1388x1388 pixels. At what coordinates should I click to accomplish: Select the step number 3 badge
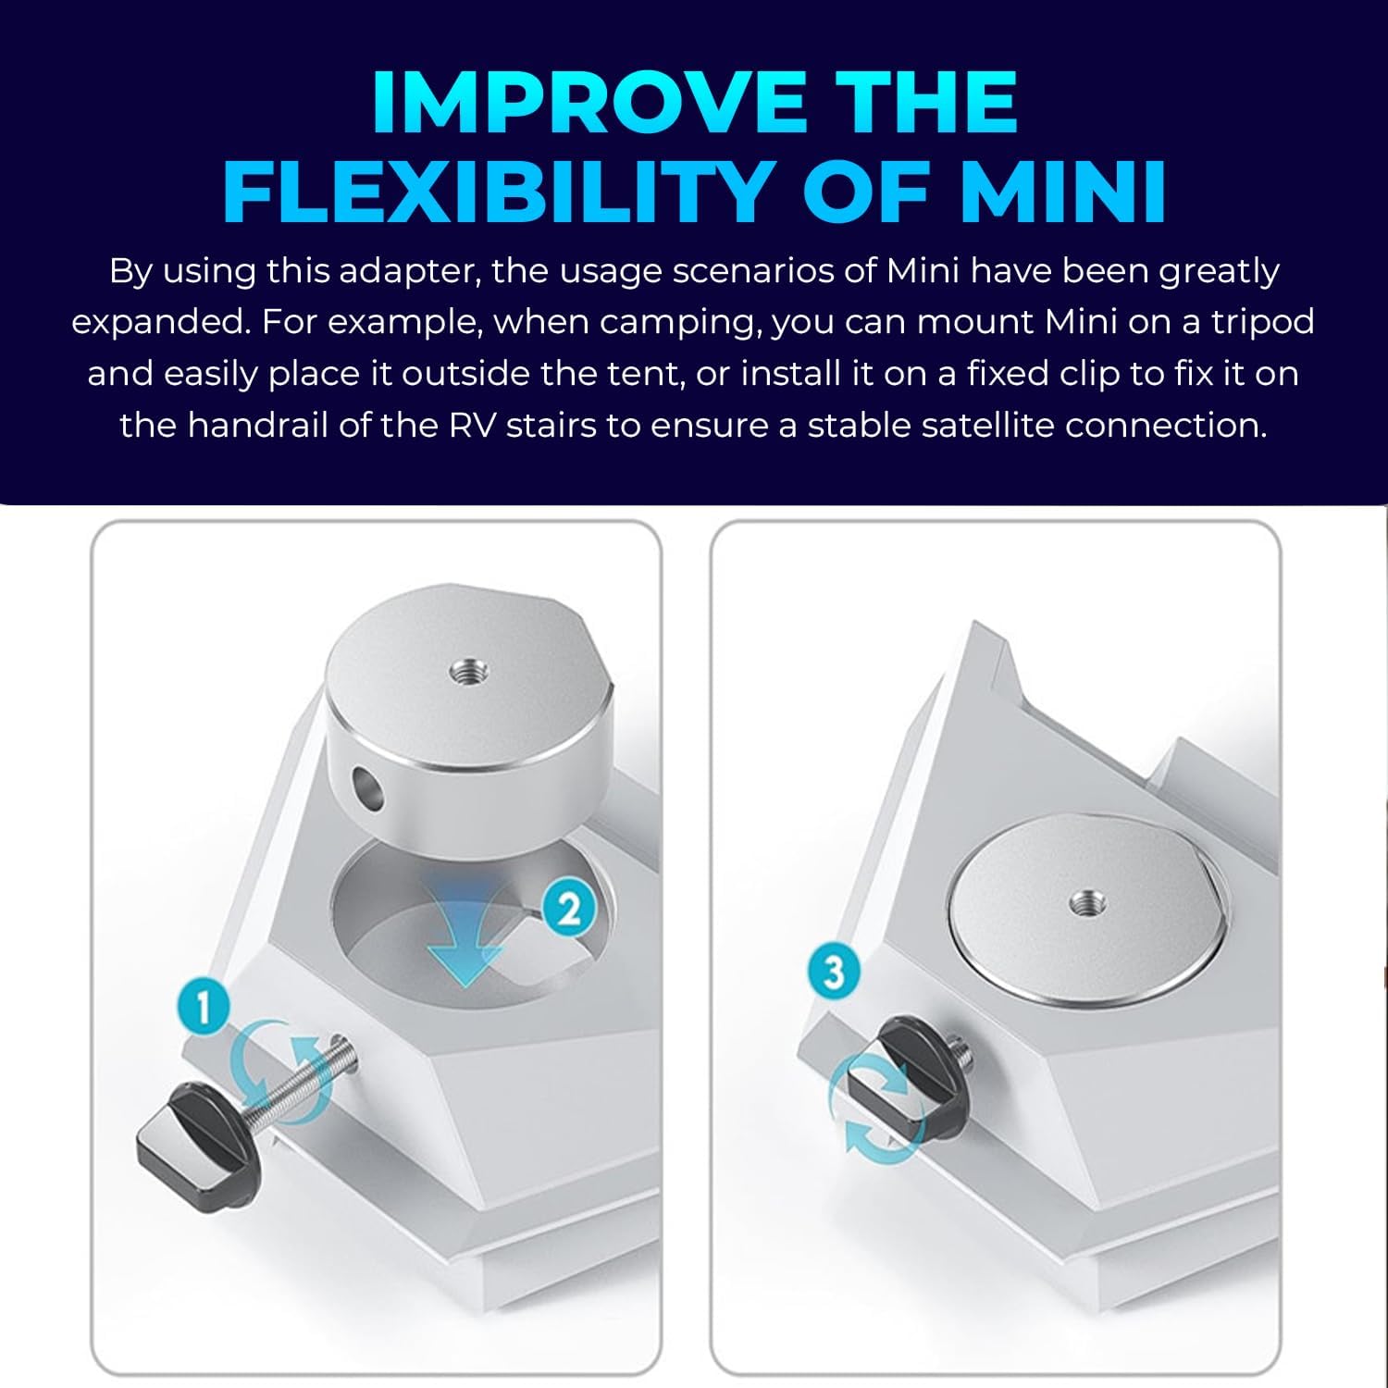pos(834,972)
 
